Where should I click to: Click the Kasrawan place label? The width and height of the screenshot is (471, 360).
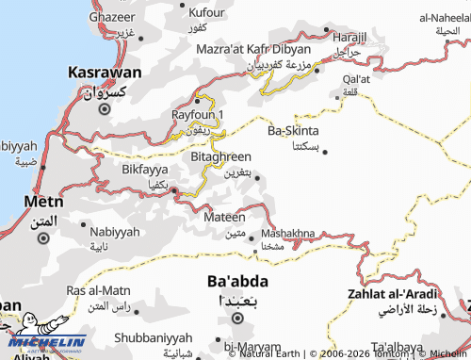coord(105,73)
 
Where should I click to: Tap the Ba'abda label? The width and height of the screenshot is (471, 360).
coord(237,282)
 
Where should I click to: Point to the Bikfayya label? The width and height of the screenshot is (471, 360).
coord(145,169)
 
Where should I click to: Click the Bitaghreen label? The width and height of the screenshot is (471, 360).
coord(220,155)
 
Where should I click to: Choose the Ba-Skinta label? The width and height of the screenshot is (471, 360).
coord(293,130)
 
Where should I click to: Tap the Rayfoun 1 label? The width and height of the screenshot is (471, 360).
coord(198,114)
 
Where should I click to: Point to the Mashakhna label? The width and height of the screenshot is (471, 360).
coord(287,233)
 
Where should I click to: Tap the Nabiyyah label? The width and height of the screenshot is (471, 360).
coord(114,231)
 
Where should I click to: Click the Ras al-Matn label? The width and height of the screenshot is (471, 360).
coord(98,290)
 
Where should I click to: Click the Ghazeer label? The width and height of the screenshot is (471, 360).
coord(111,18)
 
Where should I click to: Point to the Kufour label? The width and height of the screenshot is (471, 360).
coord(206,12)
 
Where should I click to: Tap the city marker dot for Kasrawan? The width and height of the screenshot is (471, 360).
coord(105,108)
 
